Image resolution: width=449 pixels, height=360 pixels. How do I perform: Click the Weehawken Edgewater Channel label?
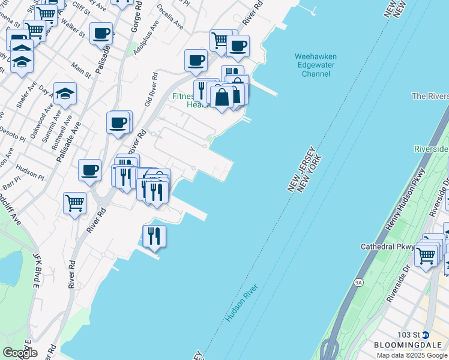click(315, 65)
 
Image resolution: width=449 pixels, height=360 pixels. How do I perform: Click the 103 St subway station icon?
click(426, 334)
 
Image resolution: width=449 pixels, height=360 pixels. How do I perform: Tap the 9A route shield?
click(359, 281)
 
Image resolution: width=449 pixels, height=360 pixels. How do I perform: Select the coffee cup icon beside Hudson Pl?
click(90, 170)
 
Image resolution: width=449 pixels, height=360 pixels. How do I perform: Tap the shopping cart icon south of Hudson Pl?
click(75, 203)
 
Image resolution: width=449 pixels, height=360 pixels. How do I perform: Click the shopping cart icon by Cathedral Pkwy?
click(426, 255)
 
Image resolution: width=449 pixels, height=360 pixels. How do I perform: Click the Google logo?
click(20, 352)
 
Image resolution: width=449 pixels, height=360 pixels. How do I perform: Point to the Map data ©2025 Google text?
click(412, 355)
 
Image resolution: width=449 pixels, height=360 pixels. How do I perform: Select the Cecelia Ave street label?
click(170, 18)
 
